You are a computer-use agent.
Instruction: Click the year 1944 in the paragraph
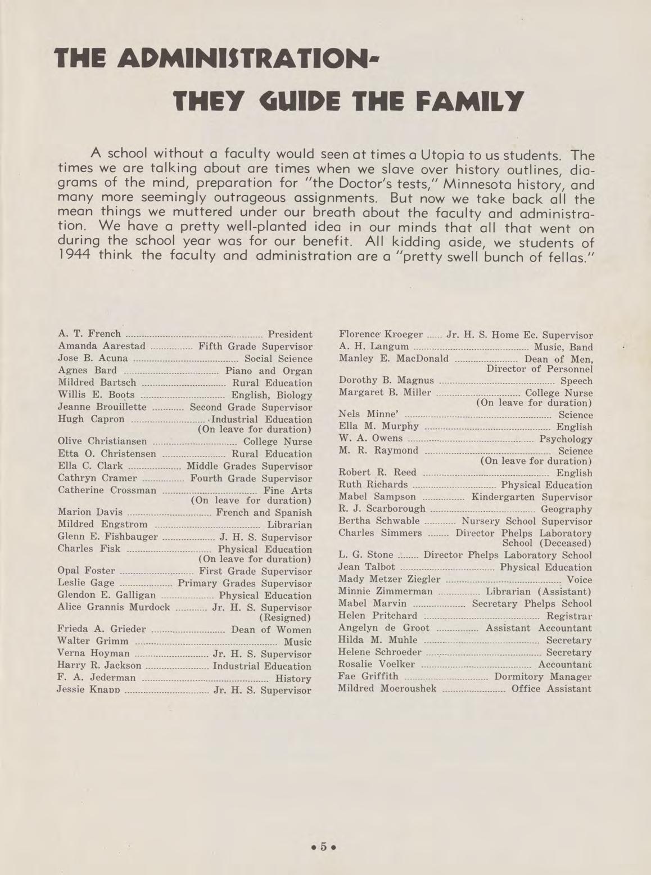(75, 255)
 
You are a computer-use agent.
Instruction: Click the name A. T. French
(89, 334)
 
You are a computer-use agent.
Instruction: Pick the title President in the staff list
(290, 335)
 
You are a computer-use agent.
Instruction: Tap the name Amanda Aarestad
(102, 346)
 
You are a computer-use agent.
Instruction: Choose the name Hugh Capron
(91, 419)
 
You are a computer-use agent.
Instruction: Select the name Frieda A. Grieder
(102, 629)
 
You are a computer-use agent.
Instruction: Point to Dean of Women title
(271, 629)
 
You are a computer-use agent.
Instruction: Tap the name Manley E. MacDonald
(394, 358)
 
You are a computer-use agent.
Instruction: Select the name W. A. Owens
(370, 438)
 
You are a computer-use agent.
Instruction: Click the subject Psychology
(566, 439)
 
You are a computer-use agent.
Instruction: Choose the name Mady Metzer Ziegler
(389, 579)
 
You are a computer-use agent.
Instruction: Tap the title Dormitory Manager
(542, 676)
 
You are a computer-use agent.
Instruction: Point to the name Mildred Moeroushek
(387, 688)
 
